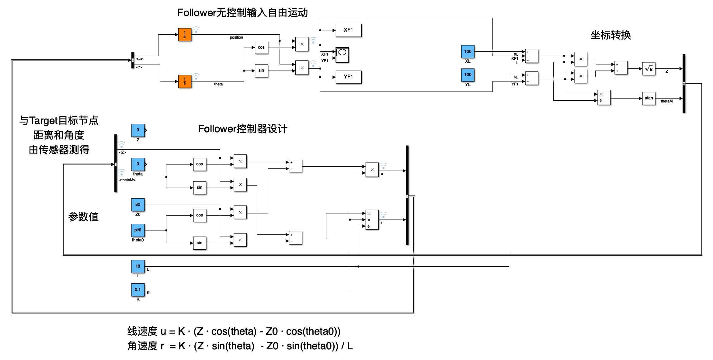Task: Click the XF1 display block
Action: pyautogui.click(x=348, y=30)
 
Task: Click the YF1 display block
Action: pyautogui.click(x=348, y=77)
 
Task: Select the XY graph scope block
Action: pyautogui.click(x=342, y=55)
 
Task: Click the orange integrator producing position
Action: pyautogui.click(x=185, y=35)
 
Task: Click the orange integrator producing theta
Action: pyautogui.click(x=185, y=81)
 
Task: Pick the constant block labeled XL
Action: pyautogui.click(x=468, y=52)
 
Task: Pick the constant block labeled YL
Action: pyautogui.click(x=468, y=75)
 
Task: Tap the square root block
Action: pyautogui.click(x=649, y=69)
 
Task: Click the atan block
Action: pyautogui.click(x=649, y=98)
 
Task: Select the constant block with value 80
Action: pyautogui.click(x=138, y=205)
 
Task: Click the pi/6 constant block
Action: pyautogui.click(x=138, y=230)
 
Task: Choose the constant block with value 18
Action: pyautogui.click(x=138, y=266)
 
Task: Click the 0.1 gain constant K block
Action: pyautogui.click(x=138, y=290)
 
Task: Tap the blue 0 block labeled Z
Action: pyautogui.click(x=138, y=130)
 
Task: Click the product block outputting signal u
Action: pyautogui.click(x=372, y=170)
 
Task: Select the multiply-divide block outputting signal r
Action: pyautogui.click(x=372, y=220)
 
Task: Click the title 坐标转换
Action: pyautogui.click(x=610, y=35)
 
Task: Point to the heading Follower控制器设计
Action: pyautogui.click(x=242, y=129)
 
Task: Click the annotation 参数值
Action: pyautogui.click(x=83, y=217)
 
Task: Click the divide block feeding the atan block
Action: pyautogui.click(x=604, y=97)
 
